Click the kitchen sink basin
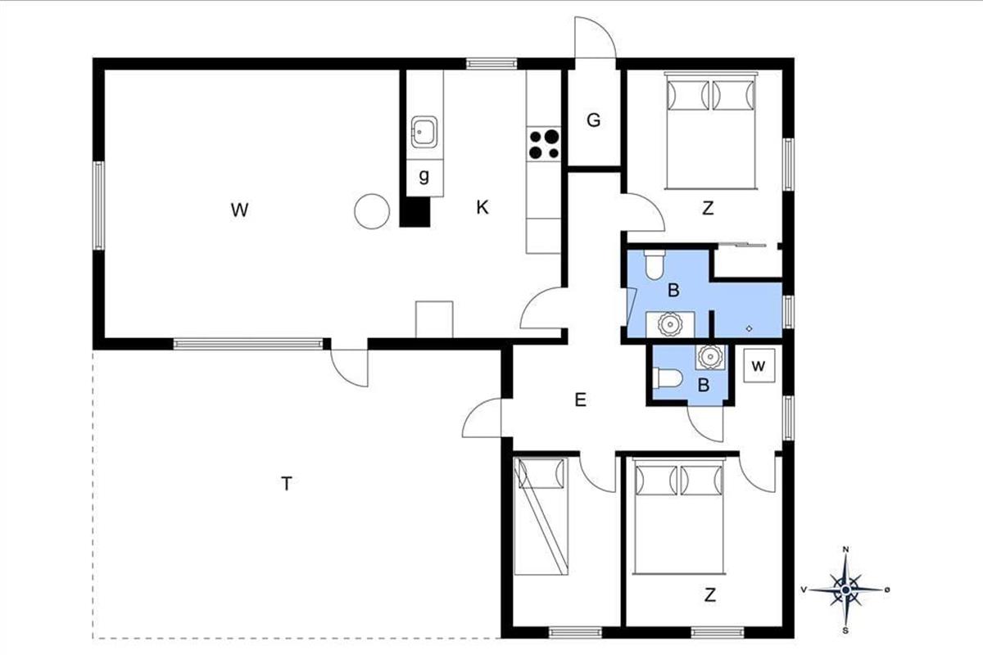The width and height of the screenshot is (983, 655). [x=424, y=132]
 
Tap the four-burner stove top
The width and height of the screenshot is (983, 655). [x=544, y=144]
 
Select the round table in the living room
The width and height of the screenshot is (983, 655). [x=372, y=211]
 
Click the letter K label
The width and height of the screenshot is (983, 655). [x=482, y=207]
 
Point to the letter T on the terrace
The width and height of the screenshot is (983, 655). [x=286, y=484]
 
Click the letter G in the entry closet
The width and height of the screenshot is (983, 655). [x=593, y=120]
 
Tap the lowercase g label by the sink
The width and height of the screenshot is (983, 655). [x=424, y=176]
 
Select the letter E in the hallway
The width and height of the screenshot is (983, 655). [x=580, y=400]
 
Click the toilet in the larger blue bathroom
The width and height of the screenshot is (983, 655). [x=655, y=264]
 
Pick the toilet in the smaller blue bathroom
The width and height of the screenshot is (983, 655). [x=667, y=378]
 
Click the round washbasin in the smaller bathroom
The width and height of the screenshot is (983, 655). [x=709, y=357]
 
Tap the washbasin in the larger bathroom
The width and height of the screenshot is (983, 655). [x=670, y=324]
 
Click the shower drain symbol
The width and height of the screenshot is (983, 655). [x=749, y=328]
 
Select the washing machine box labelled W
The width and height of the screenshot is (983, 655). [x=759, y=366]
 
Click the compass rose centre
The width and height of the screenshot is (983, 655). [x=845, y=590]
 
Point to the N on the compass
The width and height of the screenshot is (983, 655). [x=845, y=549]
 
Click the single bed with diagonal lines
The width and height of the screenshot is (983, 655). [x=541, y=516]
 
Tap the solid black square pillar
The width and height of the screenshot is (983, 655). [x=415, y=212]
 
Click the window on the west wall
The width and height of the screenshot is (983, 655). [x=99, y=206]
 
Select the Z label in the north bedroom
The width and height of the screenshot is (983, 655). [x=708, y=208]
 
